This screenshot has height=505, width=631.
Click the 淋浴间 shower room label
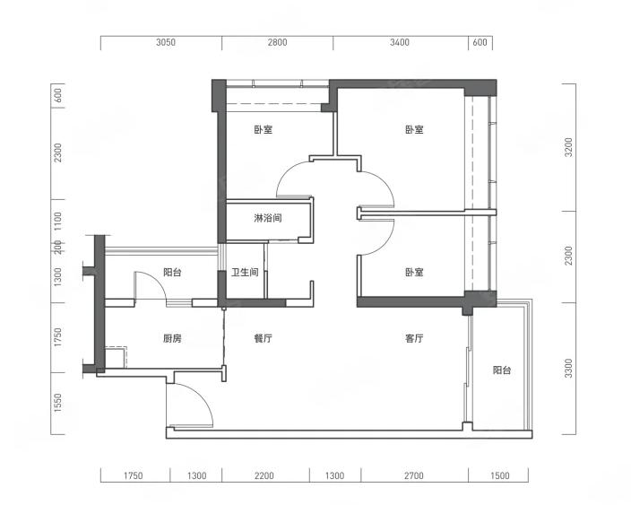(x=268, y=218)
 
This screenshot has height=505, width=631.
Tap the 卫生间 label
(x=245, y=272)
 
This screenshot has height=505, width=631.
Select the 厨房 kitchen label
(x=172, y=339)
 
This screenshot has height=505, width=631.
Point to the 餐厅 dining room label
(x=264, y=339)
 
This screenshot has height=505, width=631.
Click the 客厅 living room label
(x=414, y=339)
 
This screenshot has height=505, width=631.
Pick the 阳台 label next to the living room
(x=502, y=370)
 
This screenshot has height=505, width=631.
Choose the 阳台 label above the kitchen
(x=172, y=272)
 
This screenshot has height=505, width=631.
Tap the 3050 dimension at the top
(x=166, y=42)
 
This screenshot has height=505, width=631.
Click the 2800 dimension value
(x=278, y=42)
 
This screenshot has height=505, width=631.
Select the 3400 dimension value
(x=400, y=42)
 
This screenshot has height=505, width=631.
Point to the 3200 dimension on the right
(x=568, y=147)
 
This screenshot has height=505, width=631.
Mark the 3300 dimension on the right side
(x=568, y=369)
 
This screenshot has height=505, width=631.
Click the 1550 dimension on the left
(x=58, y=403)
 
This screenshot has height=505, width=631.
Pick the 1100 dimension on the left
(x=58, y=221)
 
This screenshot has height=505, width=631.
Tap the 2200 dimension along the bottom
(x=264, y=475)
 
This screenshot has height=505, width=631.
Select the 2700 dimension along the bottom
(x=414, y=475)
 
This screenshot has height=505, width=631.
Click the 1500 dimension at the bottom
(x=500, y=475)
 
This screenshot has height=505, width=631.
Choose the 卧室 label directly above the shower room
(x=264, y=130)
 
